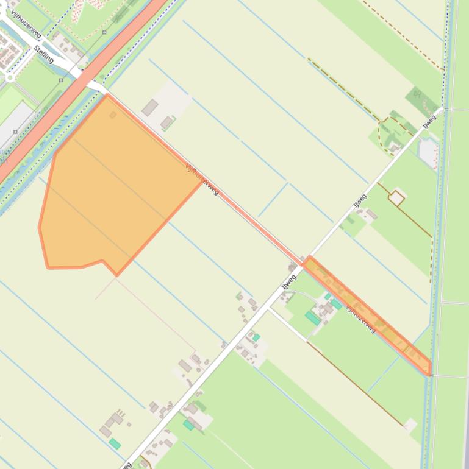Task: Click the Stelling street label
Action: [44, 54]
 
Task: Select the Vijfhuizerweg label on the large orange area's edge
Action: [202, 178]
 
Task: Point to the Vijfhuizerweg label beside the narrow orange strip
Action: [361, 317]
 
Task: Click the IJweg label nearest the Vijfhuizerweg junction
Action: [288, 282]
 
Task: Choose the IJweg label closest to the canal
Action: [430, 121]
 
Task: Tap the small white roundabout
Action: [10, 77]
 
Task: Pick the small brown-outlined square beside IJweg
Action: [396, 198]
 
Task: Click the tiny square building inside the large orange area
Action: [113, 115]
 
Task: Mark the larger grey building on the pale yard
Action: [149, 108]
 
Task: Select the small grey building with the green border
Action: [166, 123]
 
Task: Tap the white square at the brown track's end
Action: [410, 425]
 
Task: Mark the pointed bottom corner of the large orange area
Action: [116, 275]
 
